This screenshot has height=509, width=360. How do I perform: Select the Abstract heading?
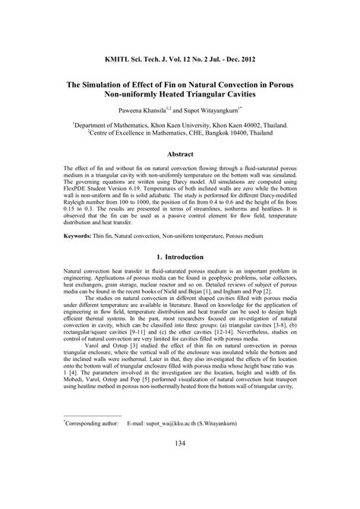tap(181, 154)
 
